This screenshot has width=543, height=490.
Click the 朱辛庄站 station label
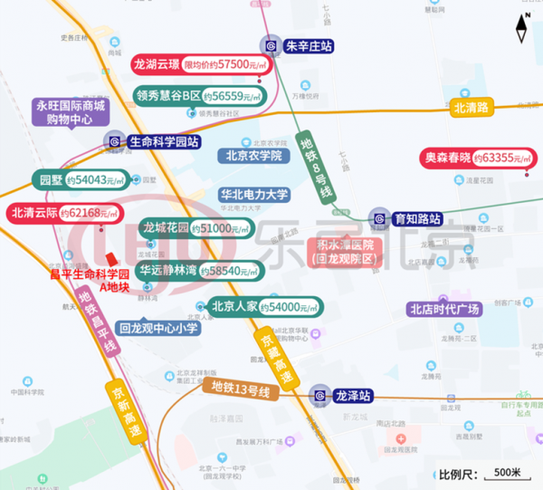310,46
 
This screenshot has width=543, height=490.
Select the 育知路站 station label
416,218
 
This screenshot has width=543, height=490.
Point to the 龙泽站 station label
353,396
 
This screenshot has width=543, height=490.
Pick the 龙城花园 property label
166,228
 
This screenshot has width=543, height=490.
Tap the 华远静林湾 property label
167,270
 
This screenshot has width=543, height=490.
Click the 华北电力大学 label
254,195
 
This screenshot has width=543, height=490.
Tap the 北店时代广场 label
444,309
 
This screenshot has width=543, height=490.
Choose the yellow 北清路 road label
471,107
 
